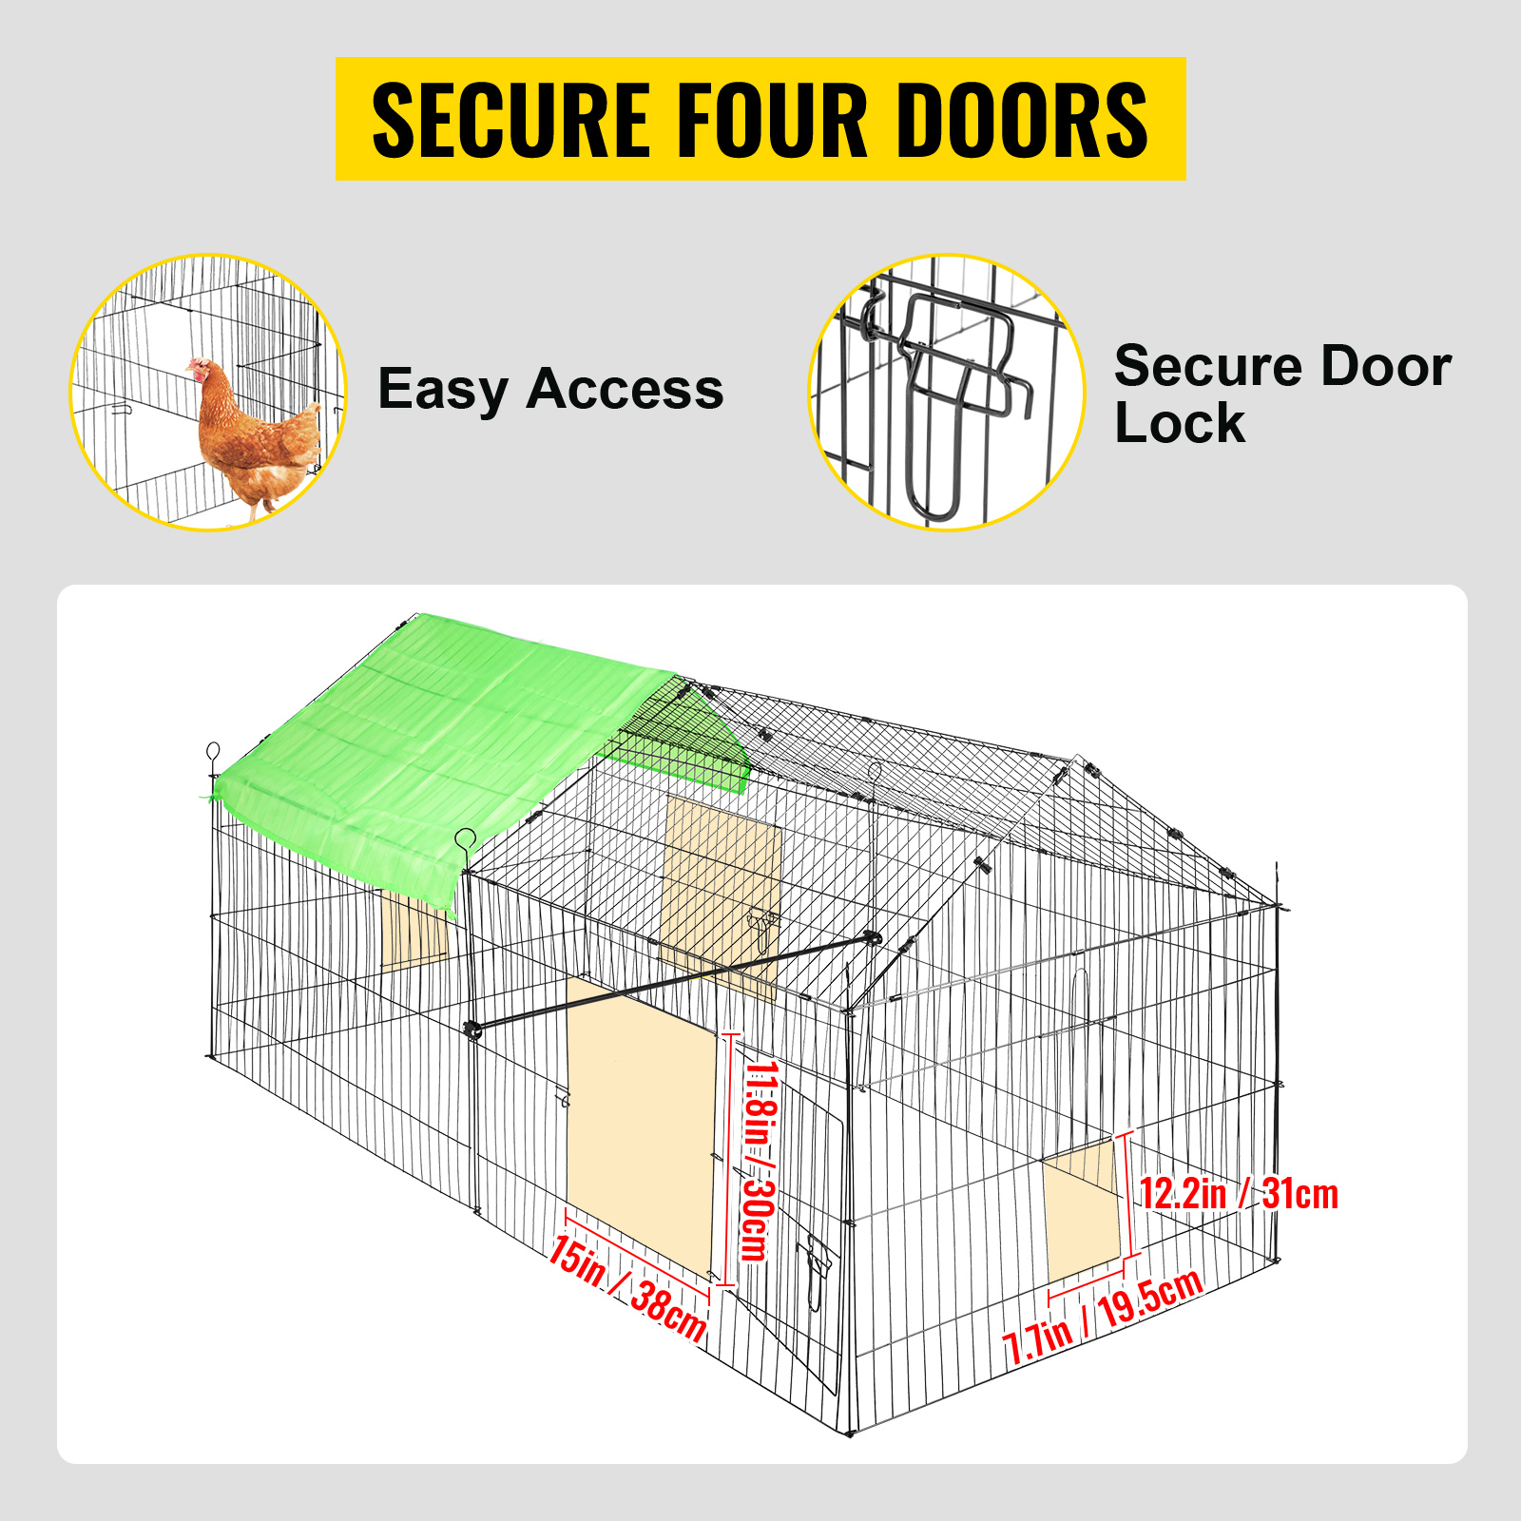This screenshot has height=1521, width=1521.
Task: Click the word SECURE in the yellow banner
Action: click(x=511, y=120)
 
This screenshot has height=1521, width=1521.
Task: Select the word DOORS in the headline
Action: click(x=1023, y=120)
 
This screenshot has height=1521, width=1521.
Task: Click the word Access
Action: click(x=625, y=389)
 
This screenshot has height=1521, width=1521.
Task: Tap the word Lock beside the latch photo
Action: click(x=1180, y=423)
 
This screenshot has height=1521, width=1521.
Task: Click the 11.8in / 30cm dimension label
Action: click(x=760, y=1161)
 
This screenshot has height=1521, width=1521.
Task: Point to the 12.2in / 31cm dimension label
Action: click(x=1239, y=1194)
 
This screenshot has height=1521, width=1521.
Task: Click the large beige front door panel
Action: click(x=640, y=1126)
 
